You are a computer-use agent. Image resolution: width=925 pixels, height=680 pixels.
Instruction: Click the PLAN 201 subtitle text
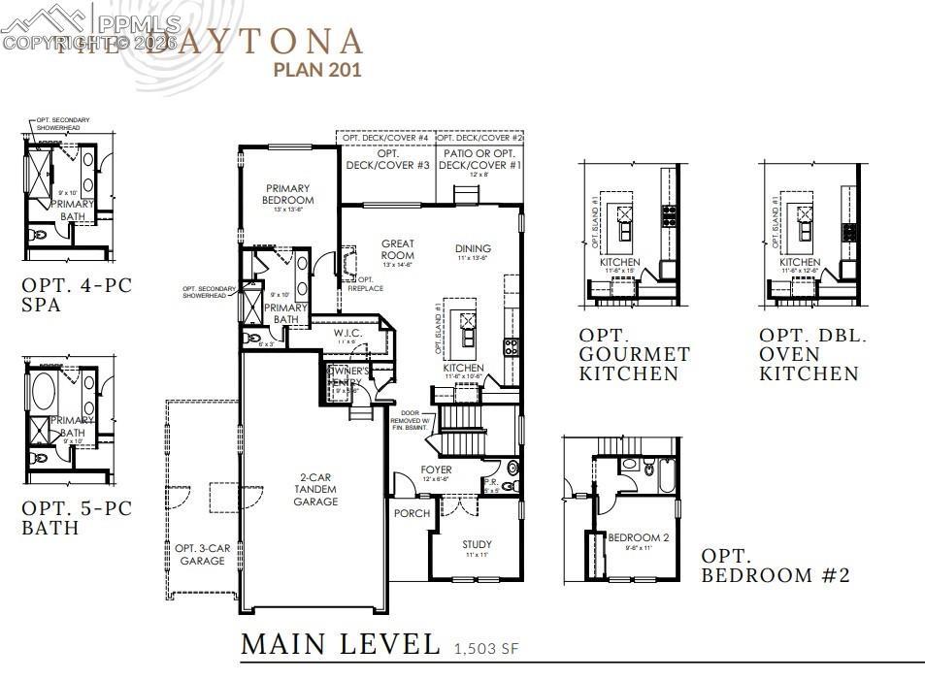click(317, 69)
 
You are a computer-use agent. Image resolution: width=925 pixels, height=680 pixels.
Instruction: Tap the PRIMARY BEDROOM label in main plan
click(287, 194)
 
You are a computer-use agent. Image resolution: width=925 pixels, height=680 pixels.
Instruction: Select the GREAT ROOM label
click(398, 249)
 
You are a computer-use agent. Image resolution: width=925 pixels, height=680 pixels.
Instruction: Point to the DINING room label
click(473, 249)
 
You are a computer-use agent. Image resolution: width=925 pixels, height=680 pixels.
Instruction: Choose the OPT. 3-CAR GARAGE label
click(203, 554)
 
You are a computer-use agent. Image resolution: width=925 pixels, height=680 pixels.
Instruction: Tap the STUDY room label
click(477, 544)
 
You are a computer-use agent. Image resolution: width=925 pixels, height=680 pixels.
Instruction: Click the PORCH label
click(412, 513)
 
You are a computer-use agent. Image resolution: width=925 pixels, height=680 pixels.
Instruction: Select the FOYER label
click(436, 470)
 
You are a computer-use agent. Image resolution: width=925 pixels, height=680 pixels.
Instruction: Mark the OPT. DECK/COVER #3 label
click(387, 160)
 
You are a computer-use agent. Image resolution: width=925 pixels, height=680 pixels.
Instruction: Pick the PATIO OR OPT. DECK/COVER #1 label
click(480, 160)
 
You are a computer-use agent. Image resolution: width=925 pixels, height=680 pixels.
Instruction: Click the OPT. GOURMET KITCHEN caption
click(635, 364)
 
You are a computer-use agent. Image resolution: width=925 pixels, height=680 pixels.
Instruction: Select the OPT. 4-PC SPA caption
click(77, 295)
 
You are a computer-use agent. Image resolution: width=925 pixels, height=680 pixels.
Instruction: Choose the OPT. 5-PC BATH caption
click(77, 518)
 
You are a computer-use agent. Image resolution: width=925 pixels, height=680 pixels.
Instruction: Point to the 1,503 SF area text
click(488, 648)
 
